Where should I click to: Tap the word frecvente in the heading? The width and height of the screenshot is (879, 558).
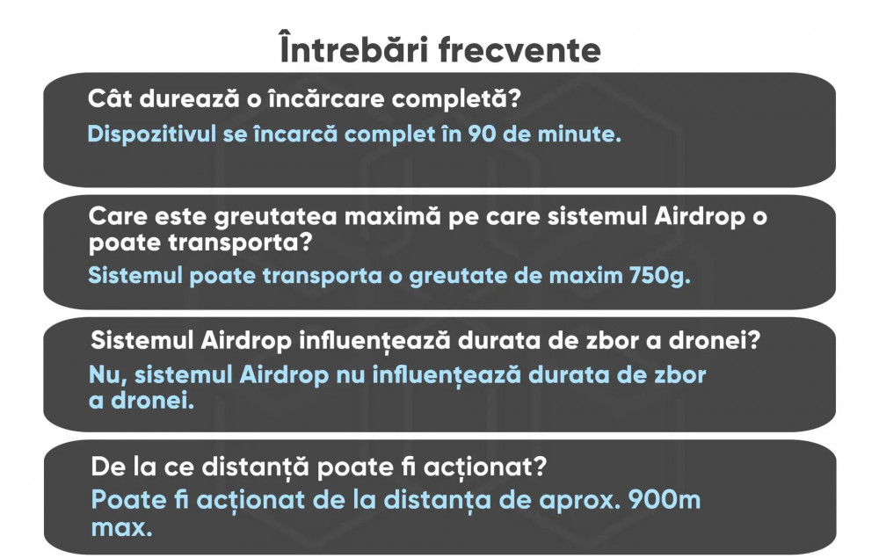click(x=519, y=50)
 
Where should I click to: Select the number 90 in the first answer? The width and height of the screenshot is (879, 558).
click(x=482, y=134)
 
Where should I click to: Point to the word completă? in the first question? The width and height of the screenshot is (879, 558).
click(x=455, y=99)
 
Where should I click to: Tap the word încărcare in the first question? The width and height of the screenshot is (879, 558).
click(x=327, y=98)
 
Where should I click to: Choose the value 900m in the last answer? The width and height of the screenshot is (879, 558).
click(x=665, y=500)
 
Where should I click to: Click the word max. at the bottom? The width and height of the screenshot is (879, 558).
click(x=121, y=528)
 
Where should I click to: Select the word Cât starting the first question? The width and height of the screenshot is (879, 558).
click(x=110, y=98)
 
